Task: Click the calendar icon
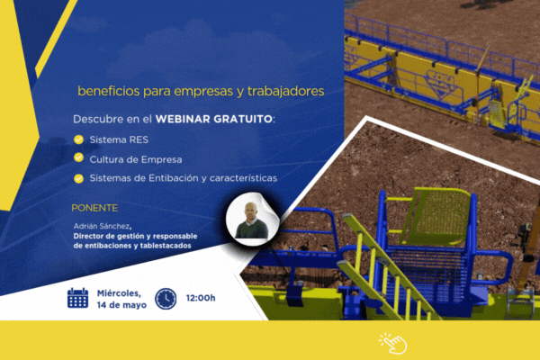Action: tap(77, 298)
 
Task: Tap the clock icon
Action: tap(166, 298)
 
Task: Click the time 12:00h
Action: tap(201, 298)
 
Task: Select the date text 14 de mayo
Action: tap(121, 305)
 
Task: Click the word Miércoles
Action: tap(119, 293)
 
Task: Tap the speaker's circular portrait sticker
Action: tap(252, 220)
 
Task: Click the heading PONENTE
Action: tap(94, 208)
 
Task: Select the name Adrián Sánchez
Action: tap(101, 226)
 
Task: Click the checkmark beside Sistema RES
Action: tap(78, 139)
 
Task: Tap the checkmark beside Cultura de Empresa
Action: tap(78, 157)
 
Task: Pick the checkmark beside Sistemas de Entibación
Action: tap(78, 178)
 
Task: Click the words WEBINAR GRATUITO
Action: tap(214, 119)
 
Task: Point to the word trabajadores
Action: tap(286, 91)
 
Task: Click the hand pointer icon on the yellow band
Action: tap(393, 343)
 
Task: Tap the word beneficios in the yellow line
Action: tap(109, 91)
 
